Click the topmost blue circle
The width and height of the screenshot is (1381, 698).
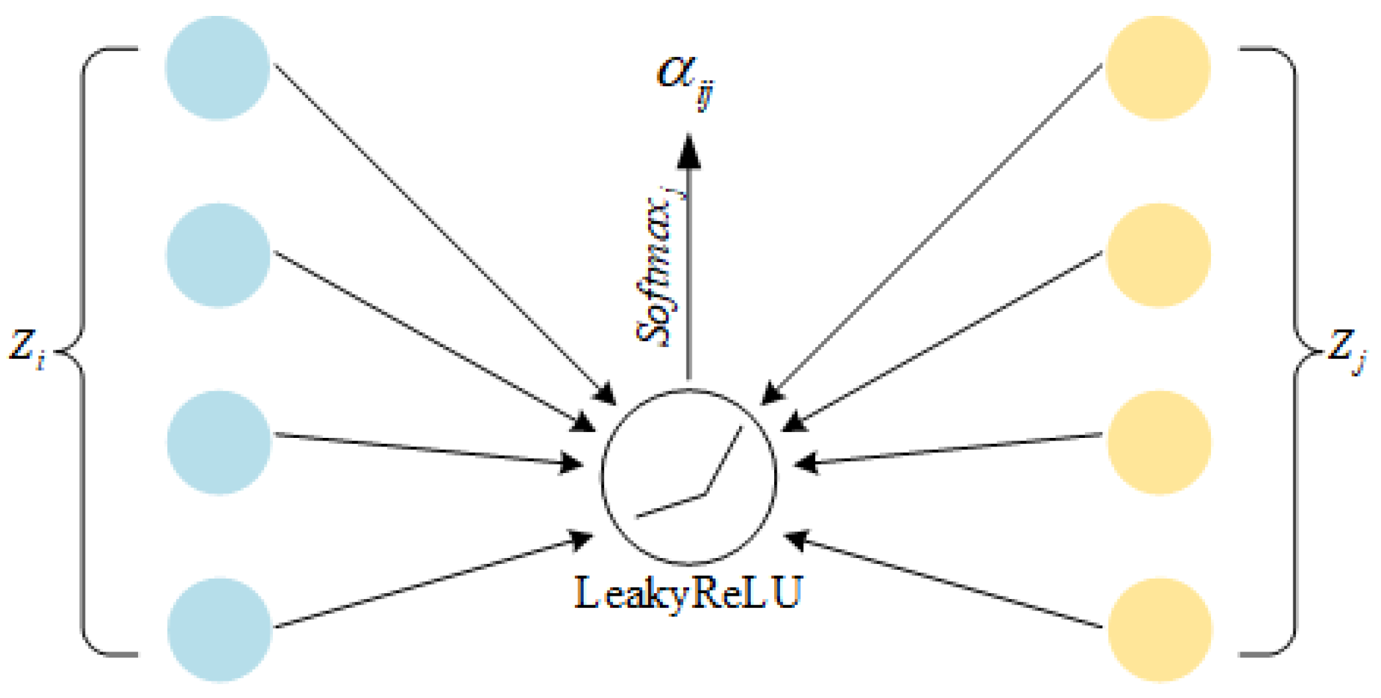pos(217,68)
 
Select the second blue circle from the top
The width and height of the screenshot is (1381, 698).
pos(218,255)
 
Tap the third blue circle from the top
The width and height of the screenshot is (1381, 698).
pos(219,443)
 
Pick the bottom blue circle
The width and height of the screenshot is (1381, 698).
pos(220,630)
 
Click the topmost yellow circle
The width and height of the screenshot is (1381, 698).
pos(1158,68)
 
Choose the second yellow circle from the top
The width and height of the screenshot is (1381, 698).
pos(1159,255)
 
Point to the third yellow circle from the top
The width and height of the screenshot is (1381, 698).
pos(1159,443)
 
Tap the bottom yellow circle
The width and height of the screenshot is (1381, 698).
pos(1160,630)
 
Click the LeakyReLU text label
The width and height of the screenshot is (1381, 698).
pos(689,593)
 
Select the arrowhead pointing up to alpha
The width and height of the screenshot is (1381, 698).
pos(689,151)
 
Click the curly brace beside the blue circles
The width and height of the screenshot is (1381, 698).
pos(82,351)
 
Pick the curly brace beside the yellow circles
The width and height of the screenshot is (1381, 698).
pos(1295,351)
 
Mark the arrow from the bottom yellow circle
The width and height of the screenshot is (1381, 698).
pos(943,581)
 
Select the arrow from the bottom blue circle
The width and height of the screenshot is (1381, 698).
pos(432,581)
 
